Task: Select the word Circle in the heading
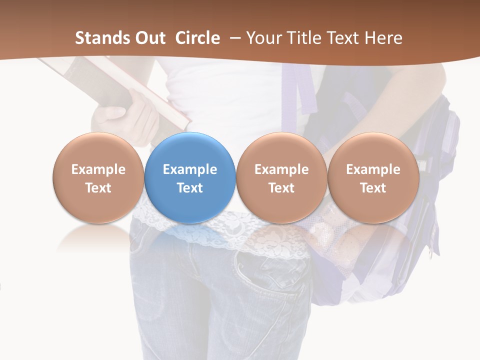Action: tap(197, 38)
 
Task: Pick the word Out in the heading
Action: tap(149, 38)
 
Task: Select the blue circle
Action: tap(190, 178)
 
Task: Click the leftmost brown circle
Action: tap(98, 178)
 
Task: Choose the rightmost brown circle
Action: tap(373, 178)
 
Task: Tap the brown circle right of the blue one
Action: tap(281, 178)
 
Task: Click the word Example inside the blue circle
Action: tap(190, 169)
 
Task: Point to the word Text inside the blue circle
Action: tap(190, 188)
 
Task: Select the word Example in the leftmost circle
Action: tap(98, 169)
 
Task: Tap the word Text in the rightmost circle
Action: tap(373, 188)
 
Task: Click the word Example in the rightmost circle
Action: tap(373, 169)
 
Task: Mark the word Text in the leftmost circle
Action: tap(98, 188)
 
